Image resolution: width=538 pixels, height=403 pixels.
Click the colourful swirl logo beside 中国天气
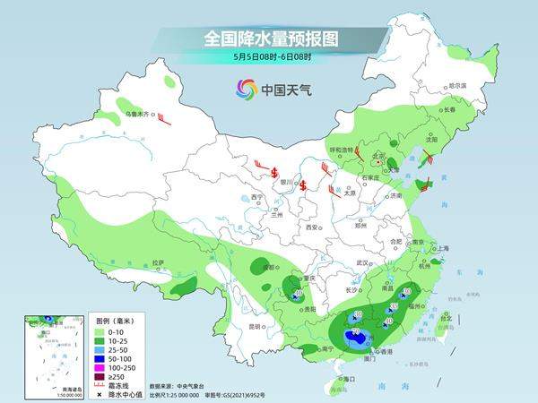click(x=246, y=89)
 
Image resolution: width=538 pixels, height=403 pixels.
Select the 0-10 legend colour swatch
click(x=100, y=331)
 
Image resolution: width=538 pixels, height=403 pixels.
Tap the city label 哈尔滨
click(x=456, y=85)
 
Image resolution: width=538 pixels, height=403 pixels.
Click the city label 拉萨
click(x=159, y=262)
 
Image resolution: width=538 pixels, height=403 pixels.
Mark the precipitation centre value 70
click(x=356, y=333)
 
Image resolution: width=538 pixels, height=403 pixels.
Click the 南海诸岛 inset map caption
click(x=61, y=388)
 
